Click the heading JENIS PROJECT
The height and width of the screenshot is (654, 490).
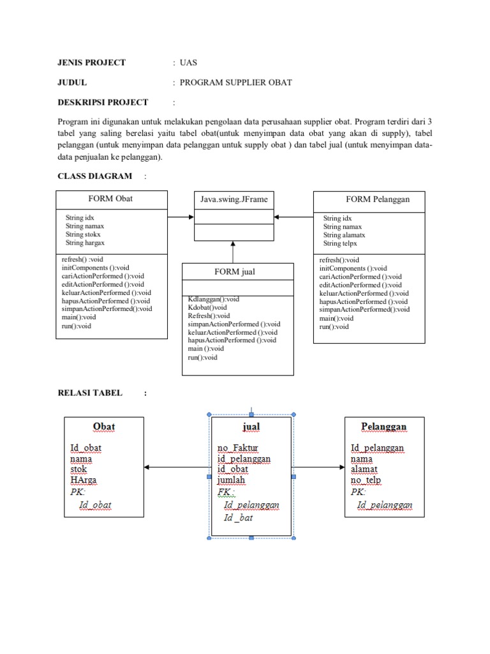[x=92, y=63]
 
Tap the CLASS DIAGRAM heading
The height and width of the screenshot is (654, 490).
[x=95, y=176]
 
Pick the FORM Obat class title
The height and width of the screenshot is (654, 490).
[x=111, y=199]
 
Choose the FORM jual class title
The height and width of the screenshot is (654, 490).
[x=235, y=271]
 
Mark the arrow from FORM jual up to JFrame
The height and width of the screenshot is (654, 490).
[x=234, y=252]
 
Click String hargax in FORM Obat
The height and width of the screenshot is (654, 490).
[x=85, y=243]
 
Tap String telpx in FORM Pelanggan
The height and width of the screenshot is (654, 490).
[x=341, y=243]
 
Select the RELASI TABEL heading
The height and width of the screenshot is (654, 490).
[x=90, y=393]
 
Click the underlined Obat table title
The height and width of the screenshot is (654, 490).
[x=104, y=427]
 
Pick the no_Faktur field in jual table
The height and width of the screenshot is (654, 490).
[x=237, y=448]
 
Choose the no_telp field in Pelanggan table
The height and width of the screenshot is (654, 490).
[x=366, y=480]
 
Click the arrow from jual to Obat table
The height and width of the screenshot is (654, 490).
[x=177, y=468]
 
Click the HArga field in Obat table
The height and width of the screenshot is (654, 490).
[x=84, y=480]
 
